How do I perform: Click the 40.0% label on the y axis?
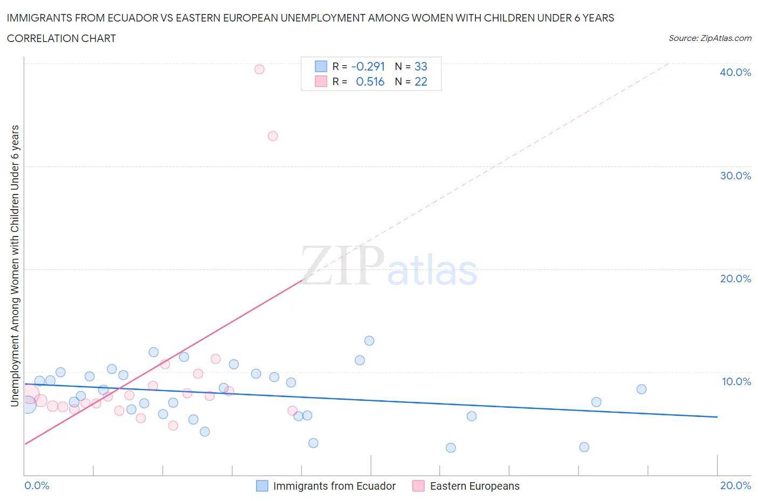pyautogui.click(x=735, y=72)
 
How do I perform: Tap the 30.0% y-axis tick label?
pyautogui.click(x=735, y=176)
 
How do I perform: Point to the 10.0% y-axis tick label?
pyautogui.click(x=736, y=381)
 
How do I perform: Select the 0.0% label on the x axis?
pyautogui.click(x=37, y=485)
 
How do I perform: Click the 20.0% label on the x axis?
pyautogui.click(x=735, y=485)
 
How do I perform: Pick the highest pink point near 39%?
pyautogui.click(x=259, y=69)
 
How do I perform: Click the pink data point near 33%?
pyautogui.click(x=273, y=136)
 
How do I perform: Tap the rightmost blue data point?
pyautogui.click(x=641, y=389)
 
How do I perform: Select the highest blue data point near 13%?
pyautogui.click(x=369, y=340)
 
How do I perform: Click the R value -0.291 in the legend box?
pyautogui.click(x=368, y=66)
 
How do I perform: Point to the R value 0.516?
pyautogui.click(x=370, y=81)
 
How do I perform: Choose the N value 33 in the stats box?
pyautogui.click(x=421, y=66)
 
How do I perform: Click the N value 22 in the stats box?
pyautogui.click(x=421, y=81)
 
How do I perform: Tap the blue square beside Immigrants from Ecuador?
pyautogui.click(x=262, y=486)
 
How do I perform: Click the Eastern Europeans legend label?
pyautogui.click(x=474, y=486)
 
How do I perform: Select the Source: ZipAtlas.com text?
pyautogui.click(x=709, y=38)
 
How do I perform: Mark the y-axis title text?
pyautogui.click(x=15, y=266)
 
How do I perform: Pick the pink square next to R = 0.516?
pyautogui.click(x=321, y=81)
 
